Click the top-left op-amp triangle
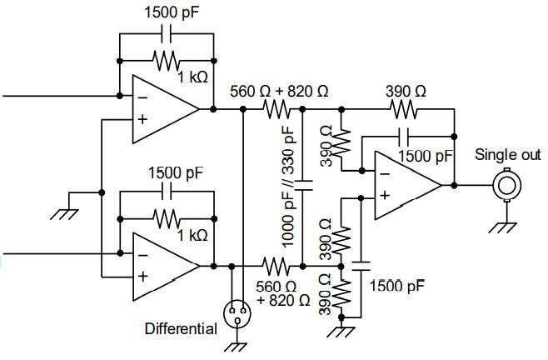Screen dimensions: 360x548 point(162,109)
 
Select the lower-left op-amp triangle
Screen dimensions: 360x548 point(162,266)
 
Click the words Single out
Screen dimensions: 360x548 point(507,155)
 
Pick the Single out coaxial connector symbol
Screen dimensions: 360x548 point(506,184)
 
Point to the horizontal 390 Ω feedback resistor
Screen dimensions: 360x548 point(405,109)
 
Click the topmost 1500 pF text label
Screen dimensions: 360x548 point(176,13)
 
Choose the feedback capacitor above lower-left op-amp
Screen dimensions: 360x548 point(167,191)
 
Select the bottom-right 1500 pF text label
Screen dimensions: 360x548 point(398,285)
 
